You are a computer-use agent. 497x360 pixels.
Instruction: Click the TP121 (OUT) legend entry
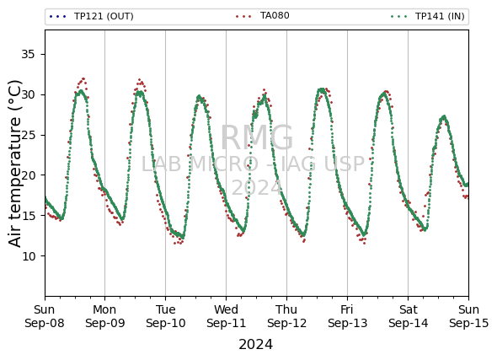click(x=91, y=16)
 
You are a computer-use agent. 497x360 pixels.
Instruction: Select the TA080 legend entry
click(x=263, y=15)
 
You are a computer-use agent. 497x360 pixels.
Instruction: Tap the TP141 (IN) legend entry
click(x=428, y=16)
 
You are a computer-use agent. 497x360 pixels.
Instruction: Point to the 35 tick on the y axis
click(x=28, y=54)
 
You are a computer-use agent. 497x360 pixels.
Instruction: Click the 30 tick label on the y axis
click(x=28, y=94)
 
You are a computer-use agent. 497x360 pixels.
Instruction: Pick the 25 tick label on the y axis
click(x=28, y=135)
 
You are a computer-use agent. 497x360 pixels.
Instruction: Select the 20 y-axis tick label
click(x=28, y=175)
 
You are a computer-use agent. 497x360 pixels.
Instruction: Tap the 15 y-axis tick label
click(x=28, y=215)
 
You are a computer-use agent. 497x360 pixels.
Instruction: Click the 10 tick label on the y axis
click(x=28, y=255)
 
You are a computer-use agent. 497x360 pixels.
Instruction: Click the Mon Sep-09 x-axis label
click(x=105, y=316)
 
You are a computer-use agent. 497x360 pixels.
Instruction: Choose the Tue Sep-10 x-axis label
click(x=165, y=316)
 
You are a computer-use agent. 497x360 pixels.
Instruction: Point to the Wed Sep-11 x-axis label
click(x=226, y=316)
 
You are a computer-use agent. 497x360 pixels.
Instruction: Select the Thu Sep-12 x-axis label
click(x=287, y=316)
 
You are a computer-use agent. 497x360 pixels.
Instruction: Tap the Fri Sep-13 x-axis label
click(x=347, y=316)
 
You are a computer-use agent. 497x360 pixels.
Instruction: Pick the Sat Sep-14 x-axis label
click(x=409, y=316)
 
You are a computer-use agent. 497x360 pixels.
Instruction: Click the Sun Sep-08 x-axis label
click(x=45, y=316)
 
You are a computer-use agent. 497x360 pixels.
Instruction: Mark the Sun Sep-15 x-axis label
click(x=469, y=316)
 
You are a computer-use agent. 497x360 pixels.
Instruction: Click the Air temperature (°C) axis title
click(x=15, y=164)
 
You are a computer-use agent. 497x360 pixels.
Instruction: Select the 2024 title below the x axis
click(x=255, y=345)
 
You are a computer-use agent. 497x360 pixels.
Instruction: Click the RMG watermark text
click(x=257, y=138)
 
